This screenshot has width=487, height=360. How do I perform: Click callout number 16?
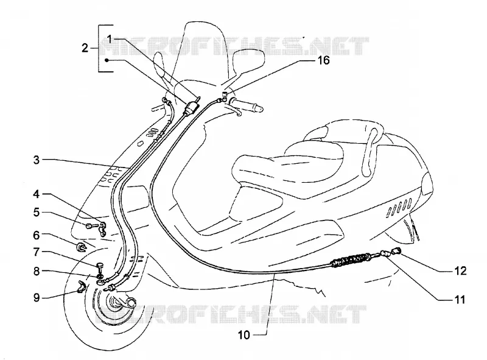click(x=323, y=60)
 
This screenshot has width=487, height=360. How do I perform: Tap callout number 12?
click(x=461, y=271)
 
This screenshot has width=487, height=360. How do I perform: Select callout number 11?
click(x=460, y=300)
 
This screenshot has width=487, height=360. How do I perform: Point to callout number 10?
click(x=244, y=335)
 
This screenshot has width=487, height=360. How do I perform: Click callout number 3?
click(x=37, y=160)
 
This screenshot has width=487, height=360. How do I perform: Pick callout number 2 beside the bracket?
click(x=85, y=48)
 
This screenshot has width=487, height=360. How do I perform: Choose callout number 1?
click(x=109, y=39)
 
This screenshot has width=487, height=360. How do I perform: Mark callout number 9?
click(x=37, y=298)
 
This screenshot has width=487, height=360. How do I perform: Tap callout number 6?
click(x=37, y=235)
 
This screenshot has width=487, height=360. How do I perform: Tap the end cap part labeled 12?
click(x=398, y=250)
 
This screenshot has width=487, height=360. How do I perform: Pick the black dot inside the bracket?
click(x=107, y=60)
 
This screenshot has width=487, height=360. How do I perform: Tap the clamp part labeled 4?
click(x=102, y=229)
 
